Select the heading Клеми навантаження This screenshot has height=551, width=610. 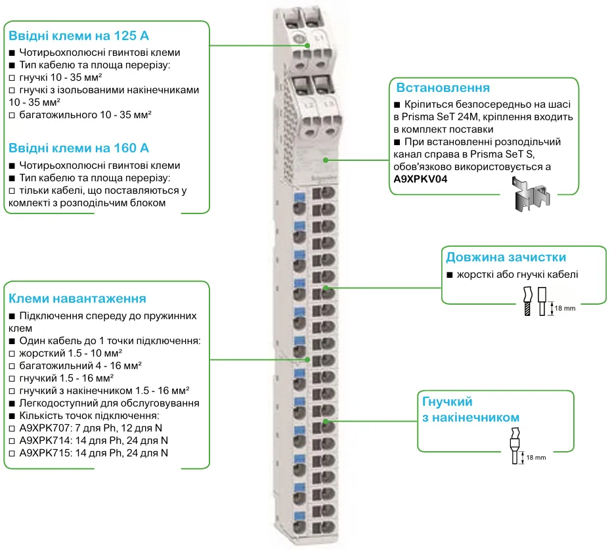(x=77, y=299)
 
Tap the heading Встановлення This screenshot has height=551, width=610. (x=443, y=87)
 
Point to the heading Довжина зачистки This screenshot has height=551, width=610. (x=506, y=257)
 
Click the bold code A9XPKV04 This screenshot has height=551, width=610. (x=420, y=179)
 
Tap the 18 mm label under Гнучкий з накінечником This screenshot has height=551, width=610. (x=536, y=457)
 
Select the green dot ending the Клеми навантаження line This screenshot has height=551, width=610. (x=309, y=359)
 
